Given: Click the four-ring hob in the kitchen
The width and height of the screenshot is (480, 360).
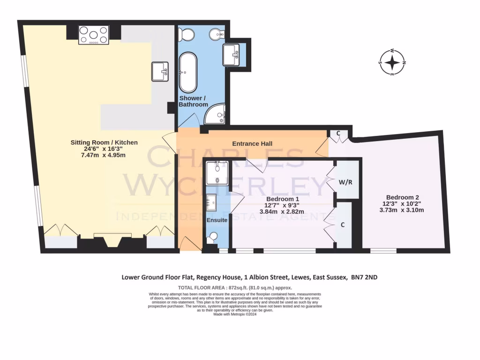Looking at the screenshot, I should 94,35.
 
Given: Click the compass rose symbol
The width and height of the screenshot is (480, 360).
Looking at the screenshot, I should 392,62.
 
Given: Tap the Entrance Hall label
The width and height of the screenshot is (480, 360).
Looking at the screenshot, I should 252,143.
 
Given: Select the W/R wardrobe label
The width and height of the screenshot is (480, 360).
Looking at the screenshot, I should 345,181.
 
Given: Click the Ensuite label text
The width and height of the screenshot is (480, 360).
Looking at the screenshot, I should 216,220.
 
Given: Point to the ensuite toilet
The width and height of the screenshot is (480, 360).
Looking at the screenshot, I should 213,239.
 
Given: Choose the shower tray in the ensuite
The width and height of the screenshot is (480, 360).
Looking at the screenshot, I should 217,172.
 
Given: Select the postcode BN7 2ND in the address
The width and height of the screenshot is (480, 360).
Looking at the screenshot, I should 364,277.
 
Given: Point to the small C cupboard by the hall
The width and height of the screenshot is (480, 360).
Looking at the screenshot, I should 339,133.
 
